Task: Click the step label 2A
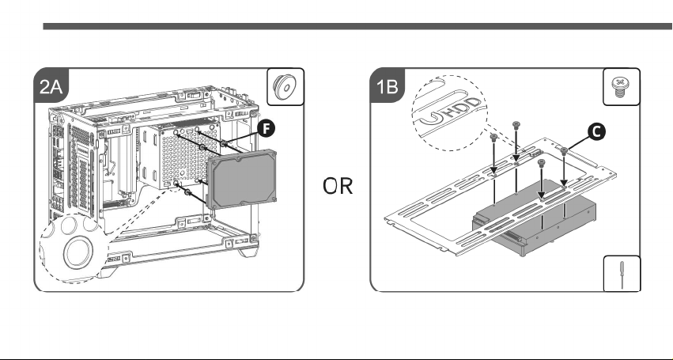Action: click(51, 87)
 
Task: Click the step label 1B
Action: click(387, 86)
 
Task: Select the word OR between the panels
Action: click(338, 187)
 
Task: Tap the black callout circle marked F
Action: click(267, 128)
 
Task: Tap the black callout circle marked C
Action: click(596, 132)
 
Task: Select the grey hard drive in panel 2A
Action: click(242, 179)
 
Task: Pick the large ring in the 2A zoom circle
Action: click(78, 252)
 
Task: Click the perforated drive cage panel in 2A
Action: click(184, 156)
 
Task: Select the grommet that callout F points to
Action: click(224, 143)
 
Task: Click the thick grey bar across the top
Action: click(358, 26)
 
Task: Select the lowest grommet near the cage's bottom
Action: click(187, 192)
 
